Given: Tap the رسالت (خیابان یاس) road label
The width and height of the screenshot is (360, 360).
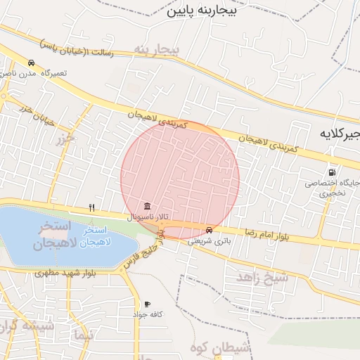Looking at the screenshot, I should [77, 47].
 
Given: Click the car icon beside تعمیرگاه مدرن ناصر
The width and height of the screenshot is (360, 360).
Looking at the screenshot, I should [31, 63].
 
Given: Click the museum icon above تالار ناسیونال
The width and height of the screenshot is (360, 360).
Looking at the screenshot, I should [146, 206].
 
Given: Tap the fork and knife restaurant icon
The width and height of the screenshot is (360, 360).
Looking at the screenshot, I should [91, 208].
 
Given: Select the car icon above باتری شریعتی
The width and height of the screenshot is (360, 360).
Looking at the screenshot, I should [209, 230].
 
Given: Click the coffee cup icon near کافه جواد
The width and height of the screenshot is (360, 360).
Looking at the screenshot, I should [146, 304].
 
